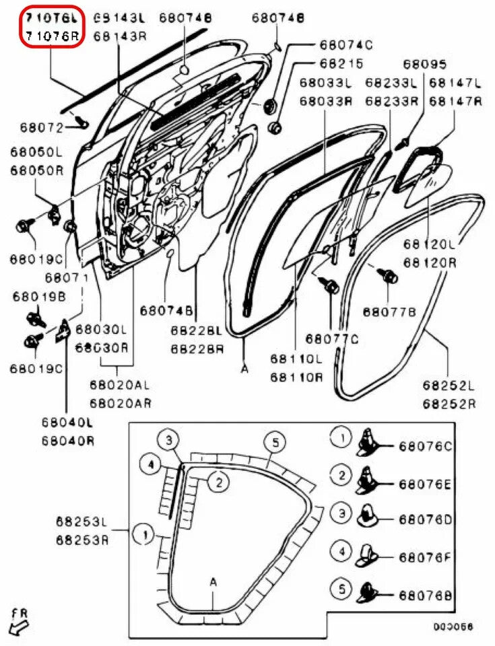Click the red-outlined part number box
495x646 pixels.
[x=52, y=26]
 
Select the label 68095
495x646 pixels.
[x=424, y=65]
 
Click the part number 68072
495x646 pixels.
[x=32, y=127]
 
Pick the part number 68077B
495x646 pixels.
[x=389, y=312]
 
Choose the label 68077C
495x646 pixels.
[x=332, y=338]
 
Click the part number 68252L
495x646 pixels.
[x=449, y=386]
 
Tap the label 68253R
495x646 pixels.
[x=81, y=540]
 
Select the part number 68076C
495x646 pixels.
[x=426, y=446]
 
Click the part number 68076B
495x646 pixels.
[x=426, y=596]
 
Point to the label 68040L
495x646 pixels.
[x=67, y=423]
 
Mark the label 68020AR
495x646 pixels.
[x=121, y=403]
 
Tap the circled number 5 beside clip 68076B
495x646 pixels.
[x=342, y=589]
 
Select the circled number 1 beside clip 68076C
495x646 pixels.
[x=342, y=439]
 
